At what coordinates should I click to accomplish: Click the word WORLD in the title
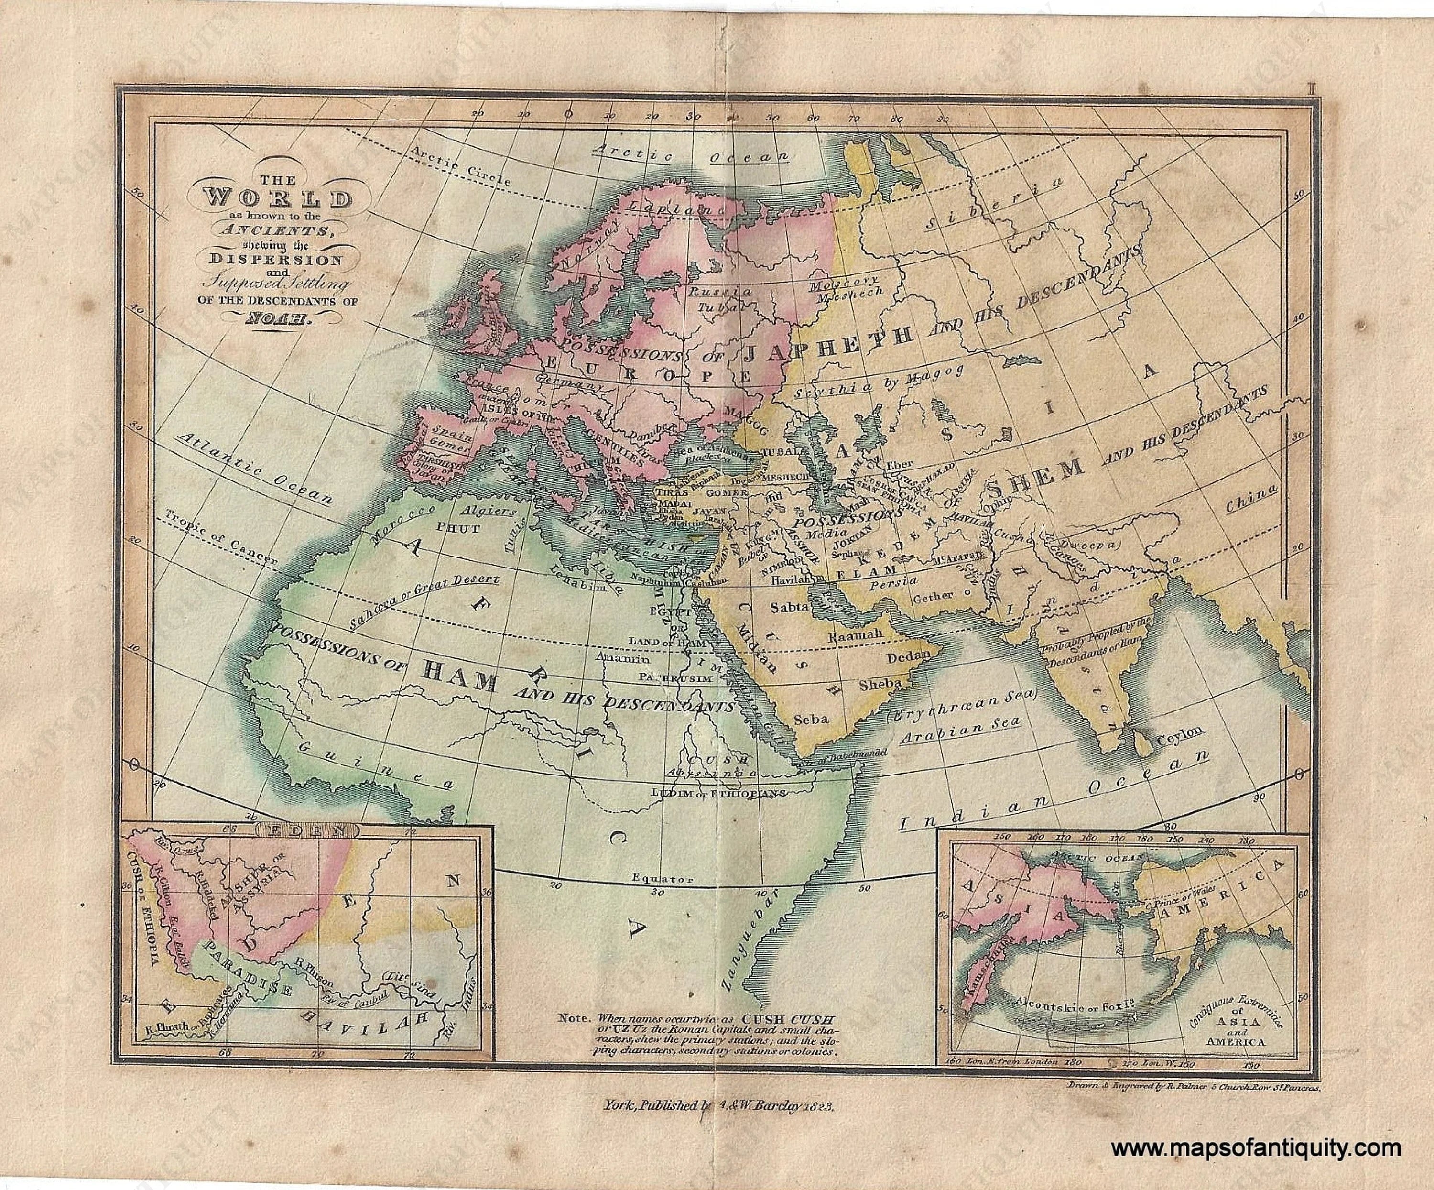(279, 200)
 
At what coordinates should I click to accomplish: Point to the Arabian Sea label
(959, 734)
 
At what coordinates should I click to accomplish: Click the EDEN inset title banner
(306, 831)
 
